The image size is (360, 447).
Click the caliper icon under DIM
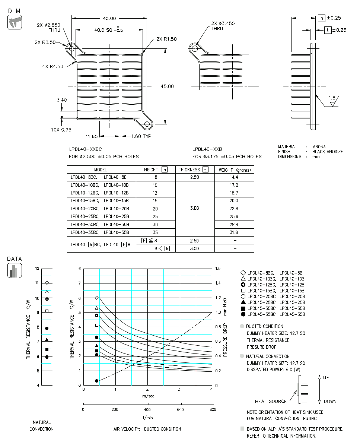[15, 22]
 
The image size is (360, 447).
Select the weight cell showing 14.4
[234, 177]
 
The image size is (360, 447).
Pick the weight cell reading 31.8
[234, 232]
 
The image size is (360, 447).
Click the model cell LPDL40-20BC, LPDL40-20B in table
[99, 209]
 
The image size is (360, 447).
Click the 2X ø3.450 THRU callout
[223, 26]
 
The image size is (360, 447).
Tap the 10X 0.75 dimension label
[61, 130]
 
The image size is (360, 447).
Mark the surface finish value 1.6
[332, 98]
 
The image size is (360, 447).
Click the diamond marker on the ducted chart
[97, 298]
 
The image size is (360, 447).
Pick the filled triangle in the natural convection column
[47, 340]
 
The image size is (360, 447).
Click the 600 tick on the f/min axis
[180, 410]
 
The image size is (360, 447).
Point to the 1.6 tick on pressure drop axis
[217, 269]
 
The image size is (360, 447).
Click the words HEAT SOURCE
[271, 401]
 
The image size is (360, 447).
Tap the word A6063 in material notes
[319, 147]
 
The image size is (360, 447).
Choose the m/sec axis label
[148, 396]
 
